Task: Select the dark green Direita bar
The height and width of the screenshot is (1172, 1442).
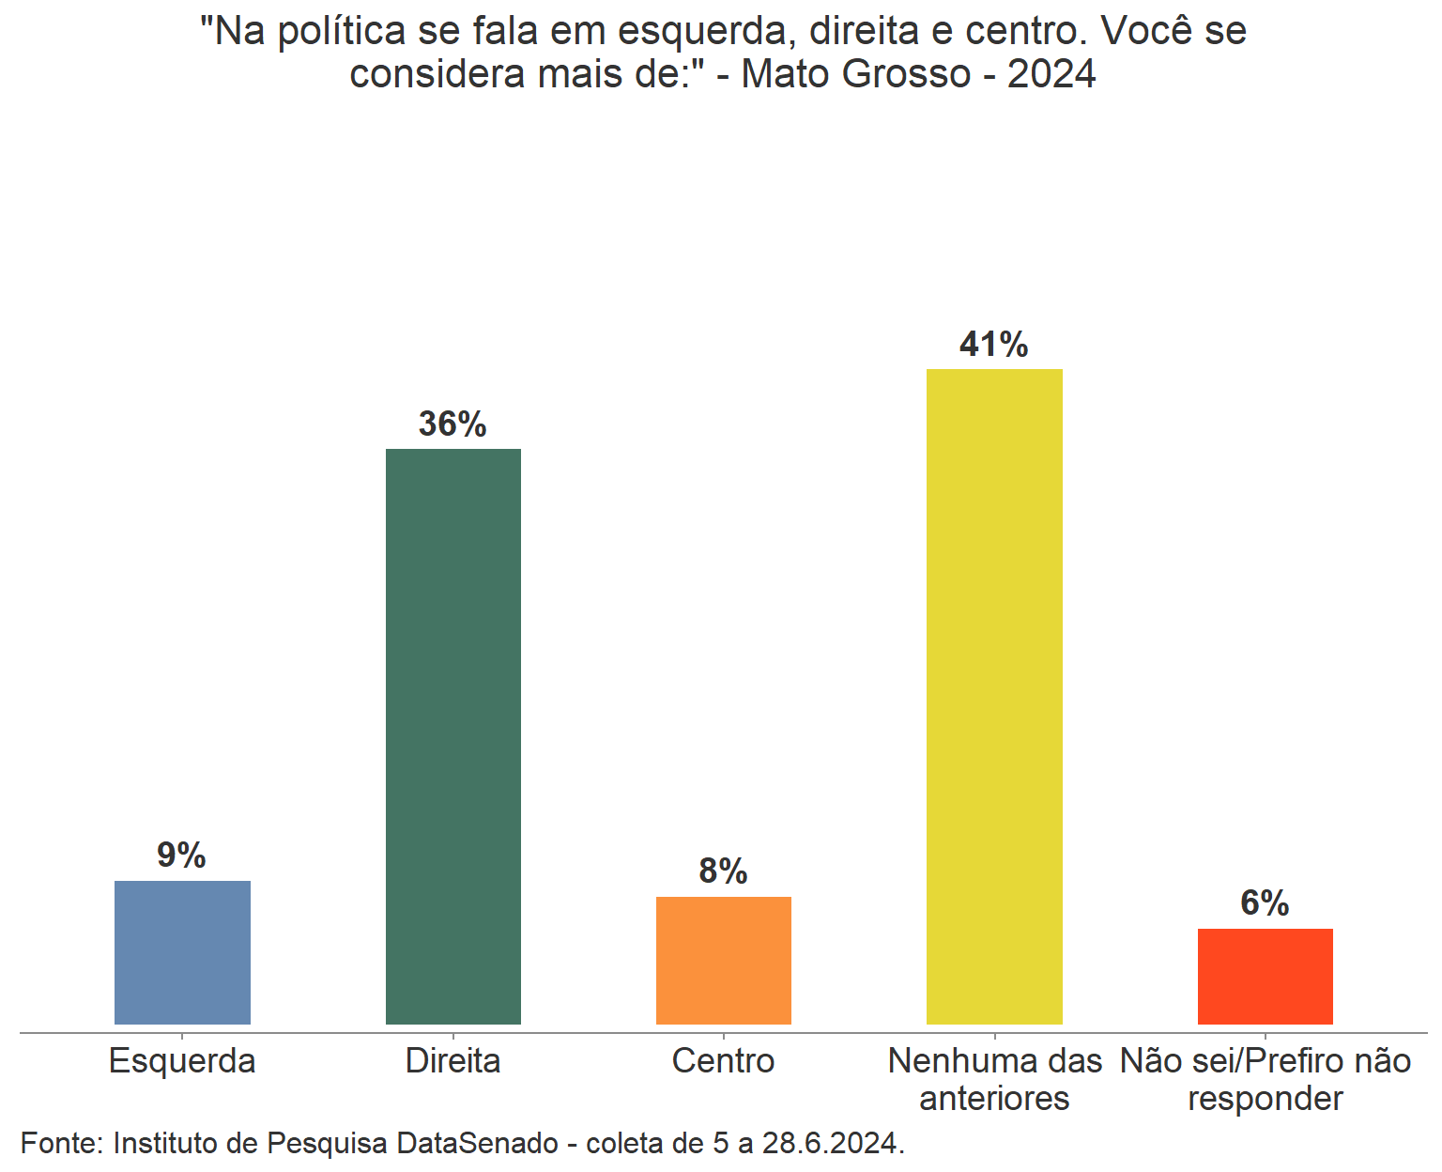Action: [x=453, y=736]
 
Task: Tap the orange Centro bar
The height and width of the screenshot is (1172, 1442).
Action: [x=723, y=960]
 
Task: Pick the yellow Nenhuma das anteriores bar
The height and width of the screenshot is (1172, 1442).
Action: [x=994, y=696]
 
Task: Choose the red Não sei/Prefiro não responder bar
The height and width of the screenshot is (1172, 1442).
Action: [x=1265, y=976]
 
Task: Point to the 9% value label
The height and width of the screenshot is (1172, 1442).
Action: [x=181, y=856]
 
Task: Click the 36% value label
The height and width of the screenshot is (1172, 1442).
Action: [x=453, y=424]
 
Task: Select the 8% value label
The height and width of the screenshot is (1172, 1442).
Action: [x=723, y=871]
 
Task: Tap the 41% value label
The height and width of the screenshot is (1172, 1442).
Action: [x=994, y=345]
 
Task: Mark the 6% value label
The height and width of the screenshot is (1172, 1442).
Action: [x=1265, y=903]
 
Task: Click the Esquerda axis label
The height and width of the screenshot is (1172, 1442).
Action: [x=182, y=1061]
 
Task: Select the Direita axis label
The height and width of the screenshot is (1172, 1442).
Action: [x=453, y=1061]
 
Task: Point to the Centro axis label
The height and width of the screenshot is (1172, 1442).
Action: [x=723, y=1061]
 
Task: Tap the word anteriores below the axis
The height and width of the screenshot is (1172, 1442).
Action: [x=994, y=1099]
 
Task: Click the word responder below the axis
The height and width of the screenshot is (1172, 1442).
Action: [x=1265, y=1099]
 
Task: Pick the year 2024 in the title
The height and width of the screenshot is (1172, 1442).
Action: [x=1051, y=73]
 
